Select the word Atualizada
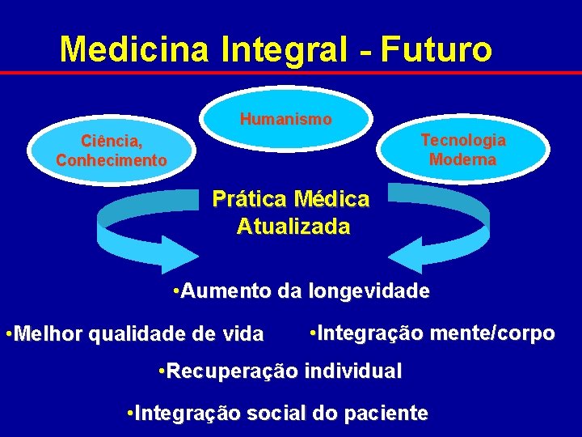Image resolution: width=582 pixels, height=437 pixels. tap(293, 227)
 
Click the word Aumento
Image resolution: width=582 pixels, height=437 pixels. tap(227, 291)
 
